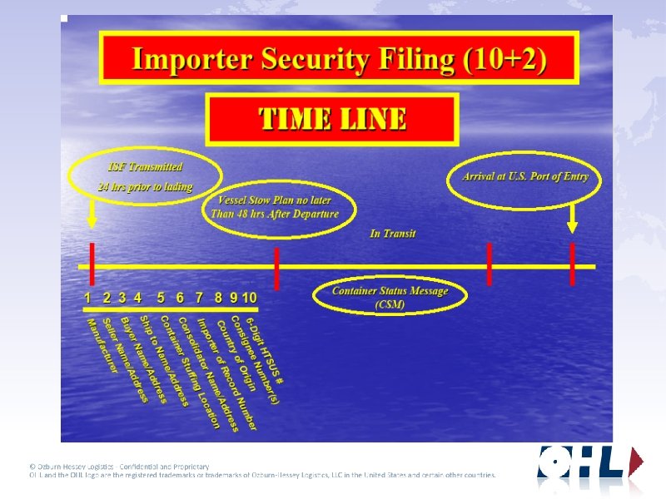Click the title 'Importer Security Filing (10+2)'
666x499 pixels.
click(339, 59)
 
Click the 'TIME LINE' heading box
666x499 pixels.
click(333, 119)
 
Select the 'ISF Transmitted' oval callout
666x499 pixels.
click(147, 176)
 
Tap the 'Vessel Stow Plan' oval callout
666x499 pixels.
click(279, 207)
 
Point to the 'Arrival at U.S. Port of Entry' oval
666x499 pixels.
click(524, 176)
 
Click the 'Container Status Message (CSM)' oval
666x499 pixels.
click(390, 297)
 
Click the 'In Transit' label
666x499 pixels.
click(393, 234)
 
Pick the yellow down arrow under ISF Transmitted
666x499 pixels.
click(92, 217)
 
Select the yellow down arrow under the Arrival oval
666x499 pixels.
click(572, 218)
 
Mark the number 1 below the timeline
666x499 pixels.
click(88, 297)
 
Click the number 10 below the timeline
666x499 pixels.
click(249, 297)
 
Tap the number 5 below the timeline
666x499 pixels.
click(161, 297)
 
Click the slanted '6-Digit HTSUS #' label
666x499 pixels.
click(266, 350)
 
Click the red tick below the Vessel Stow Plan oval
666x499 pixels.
click(276, 267)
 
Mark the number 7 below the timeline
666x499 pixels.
click(199, 297)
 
